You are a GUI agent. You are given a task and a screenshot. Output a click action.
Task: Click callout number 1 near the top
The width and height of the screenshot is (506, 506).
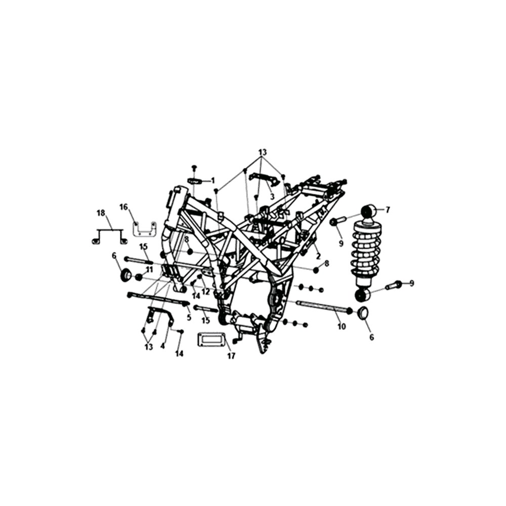click(x=213, y=181)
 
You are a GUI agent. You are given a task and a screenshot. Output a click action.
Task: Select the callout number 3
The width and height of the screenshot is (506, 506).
click(x=272, y=196)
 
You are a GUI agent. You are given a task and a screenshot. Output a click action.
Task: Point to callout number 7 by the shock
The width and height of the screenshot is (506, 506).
click(x=388, y=210)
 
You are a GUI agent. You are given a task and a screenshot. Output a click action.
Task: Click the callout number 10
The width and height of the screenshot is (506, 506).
click(x=342, y=326)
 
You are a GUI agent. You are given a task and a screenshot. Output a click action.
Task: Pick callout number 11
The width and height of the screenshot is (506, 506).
click(x=149, y=270)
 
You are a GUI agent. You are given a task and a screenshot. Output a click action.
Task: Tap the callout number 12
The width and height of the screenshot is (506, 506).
click(x=205, y=291)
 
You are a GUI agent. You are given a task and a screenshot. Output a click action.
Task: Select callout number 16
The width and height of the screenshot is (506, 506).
click(x=124, y=207)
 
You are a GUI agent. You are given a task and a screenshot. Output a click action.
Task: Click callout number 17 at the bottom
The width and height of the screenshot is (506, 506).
click(x=231, y=356)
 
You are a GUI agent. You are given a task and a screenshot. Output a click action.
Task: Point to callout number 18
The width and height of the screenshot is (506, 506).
click(x=101, y=213)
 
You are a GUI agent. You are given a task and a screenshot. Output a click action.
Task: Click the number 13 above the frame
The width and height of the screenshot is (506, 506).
click(x=263, y=152)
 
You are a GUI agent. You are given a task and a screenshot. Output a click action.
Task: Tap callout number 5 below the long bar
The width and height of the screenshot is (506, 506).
click(x=189, y=317)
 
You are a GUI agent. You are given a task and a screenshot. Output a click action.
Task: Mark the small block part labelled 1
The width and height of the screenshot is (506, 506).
click(x=195, y=181)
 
